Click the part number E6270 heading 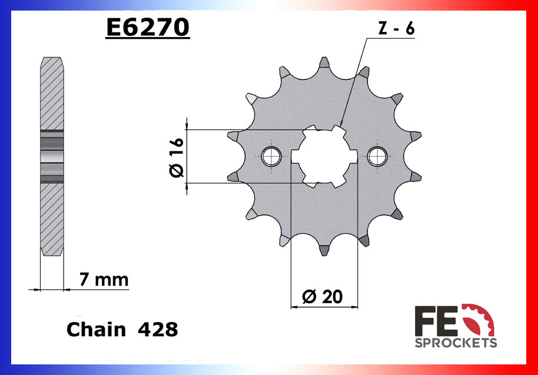coord(147,27)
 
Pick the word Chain coord(96,329)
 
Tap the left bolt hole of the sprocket coord(271,156)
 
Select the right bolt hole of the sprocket coord(376,156)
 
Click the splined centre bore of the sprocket coord(324,156)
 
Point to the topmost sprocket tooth coord(324,64)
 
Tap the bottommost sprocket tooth coord(324,249)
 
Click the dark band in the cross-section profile coord(51,156)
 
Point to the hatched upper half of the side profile coord(51,94)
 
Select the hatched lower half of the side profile coord(51,218)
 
